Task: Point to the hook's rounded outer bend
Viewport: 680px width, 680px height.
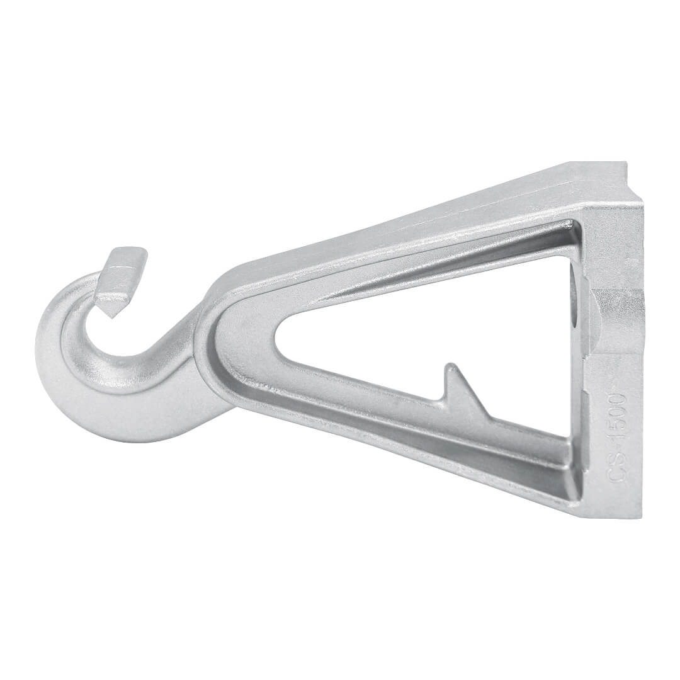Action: [57, 382]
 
